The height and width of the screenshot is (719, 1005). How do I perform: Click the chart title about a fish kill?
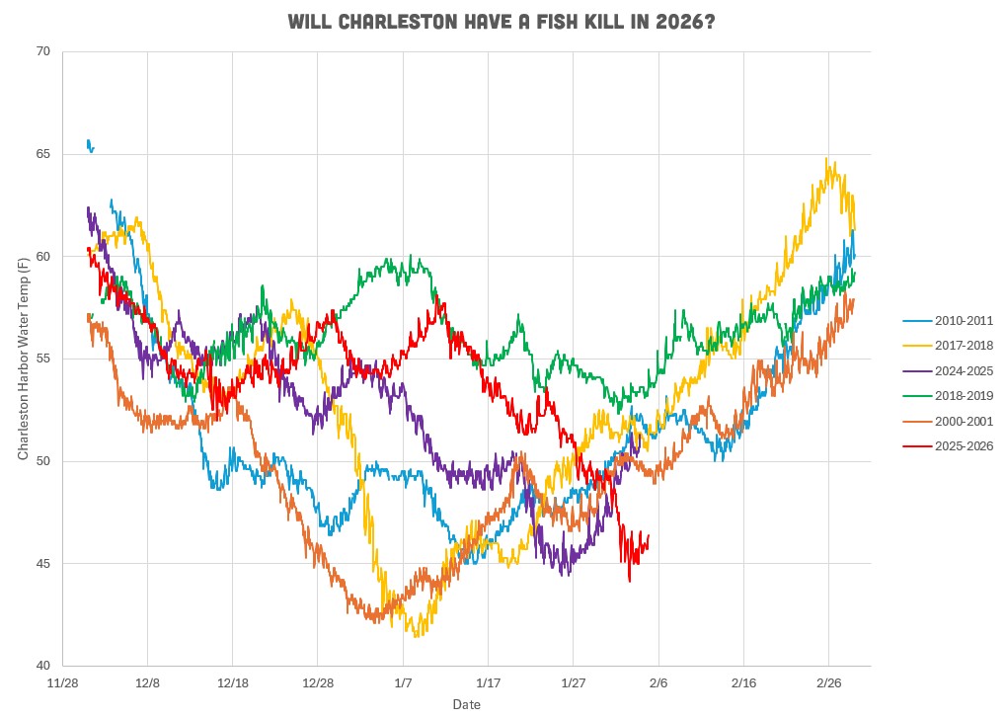point(502,22)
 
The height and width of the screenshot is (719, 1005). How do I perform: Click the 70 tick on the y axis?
point(43,51)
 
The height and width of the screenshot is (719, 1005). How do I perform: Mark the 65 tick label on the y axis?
point(43,154)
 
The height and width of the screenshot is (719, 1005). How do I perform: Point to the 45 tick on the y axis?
point(43,564)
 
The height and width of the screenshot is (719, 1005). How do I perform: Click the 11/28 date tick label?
point(63,682)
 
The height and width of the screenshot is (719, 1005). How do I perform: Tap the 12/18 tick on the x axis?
point(233,682)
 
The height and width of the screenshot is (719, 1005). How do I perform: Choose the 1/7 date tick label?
point(403,682)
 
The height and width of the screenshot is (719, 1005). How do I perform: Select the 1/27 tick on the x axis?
point(573,682)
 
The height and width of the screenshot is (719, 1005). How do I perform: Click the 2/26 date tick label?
point(827,682)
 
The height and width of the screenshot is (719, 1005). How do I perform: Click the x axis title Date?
point(467,704)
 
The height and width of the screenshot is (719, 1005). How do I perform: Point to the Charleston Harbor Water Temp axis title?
point(23,358)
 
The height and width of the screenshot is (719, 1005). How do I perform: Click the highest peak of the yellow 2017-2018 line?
point(828,160)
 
